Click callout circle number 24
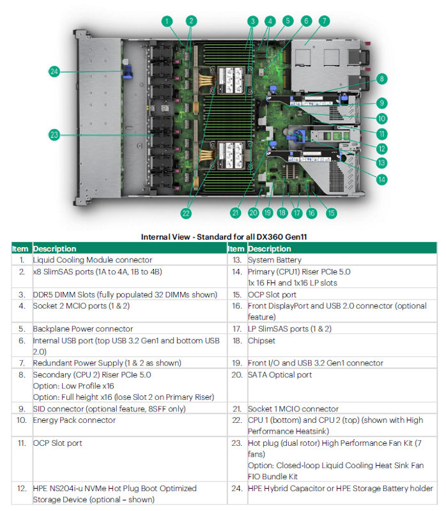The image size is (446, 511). pyautogui.click(x=55, y=72)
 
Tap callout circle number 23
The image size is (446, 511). pyautogui.click(x=55, y=135)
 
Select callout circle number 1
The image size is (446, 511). pyautogui.click(x=167, y=21)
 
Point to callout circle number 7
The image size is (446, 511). pyautogui.click(x=325, y=21)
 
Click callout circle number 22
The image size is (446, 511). pyautogui.click(x=186, y=213)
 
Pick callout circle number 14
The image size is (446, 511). pyautogui.click(x=381, y=180)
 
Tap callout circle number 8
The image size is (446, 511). pyautogui.click(x=381, y=79)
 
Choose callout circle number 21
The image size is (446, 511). pyautogui.click(x=236, y=213)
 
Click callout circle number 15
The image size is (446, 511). pyautogui.click(x=332, y=213)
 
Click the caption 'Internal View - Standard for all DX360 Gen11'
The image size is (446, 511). pyautogui.click(x=224, y=236)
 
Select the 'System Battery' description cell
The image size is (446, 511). pyautogui.click(x=270, y=260)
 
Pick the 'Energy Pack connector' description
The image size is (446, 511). pyautogui.click(x=74, y=420)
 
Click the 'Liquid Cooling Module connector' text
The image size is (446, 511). pyautogui.click(x=93, y=260)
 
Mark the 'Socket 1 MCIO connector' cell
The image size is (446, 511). pyautogui.click(x=293, y=408)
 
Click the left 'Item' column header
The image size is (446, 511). pyautogui.click(x=20, y=248)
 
